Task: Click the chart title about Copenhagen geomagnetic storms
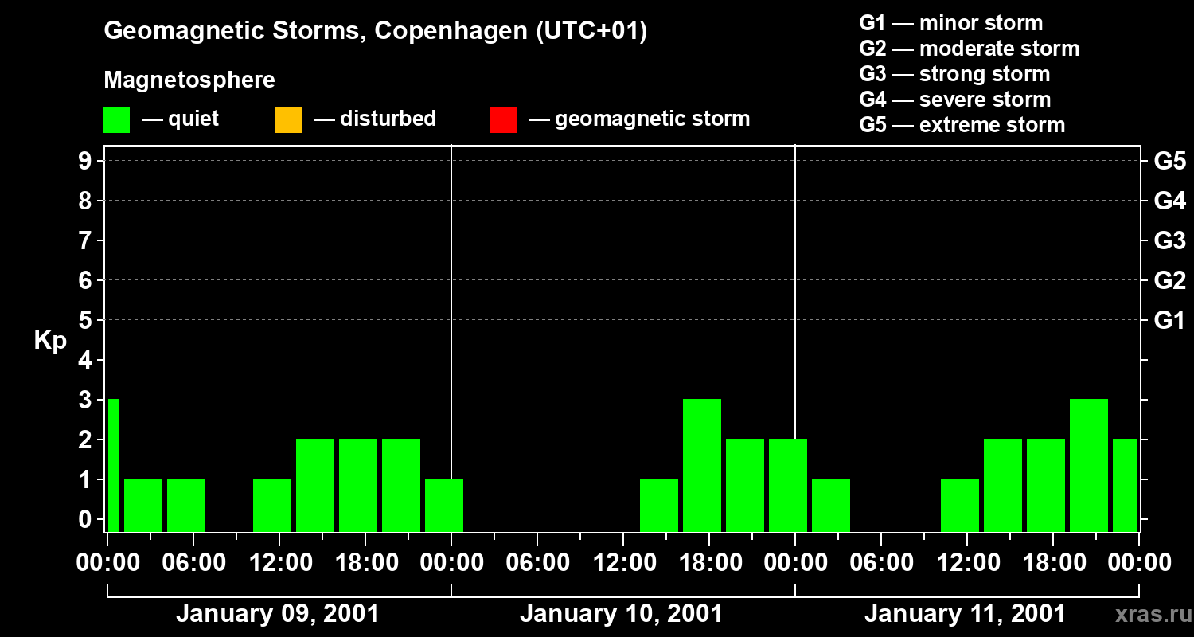tap(375, 31)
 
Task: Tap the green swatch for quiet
tap(116, 119)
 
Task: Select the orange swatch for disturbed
tap(288, 119)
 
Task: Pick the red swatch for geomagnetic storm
tap(503, 119)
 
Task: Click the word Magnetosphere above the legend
tap(189, 80)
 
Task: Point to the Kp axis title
tap(50, 341)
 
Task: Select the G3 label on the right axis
tap(1169, 240)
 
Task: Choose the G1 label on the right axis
tap(1169, 320)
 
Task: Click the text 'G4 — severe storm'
tap(954, 100)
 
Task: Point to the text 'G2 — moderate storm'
tap(969, 49)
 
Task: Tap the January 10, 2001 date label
tap(621, 614)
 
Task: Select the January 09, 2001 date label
tap(277, 614)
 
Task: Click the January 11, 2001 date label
tap(965, 614)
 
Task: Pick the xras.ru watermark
tap(1152, 615)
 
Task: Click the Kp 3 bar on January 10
tap(702, 465)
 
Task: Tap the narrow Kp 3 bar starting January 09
tap(113, 465)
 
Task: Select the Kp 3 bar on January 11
tap(1089, 465)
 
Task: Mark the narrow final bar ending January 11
tap(1125, 485)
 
